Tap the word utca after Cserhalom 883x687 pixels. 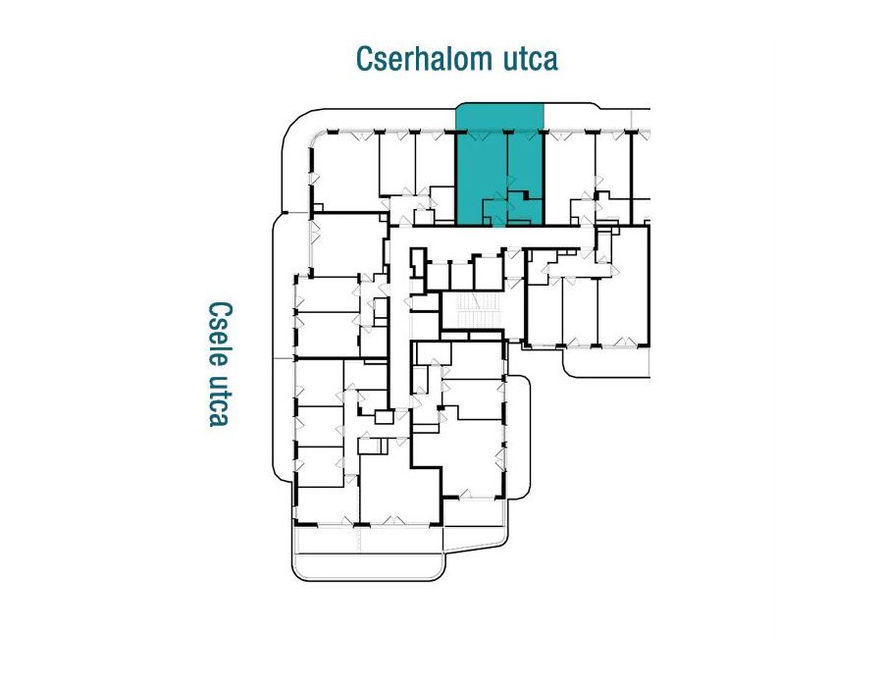[x=530, y=60]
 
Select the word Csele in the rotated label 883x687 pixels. [x=220, y=334]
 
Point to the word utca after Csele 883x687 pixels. [x=219, y=400]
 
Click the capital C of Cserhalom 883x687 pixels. [x=365, y=59]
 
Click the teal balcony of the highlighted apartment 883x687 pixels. [x=499, y=117]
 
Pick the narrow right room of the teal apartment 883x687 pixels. [x=525, y=162]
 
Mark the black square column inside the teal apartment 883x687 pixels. [x=526, y=195]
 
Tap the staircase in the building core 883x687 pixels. [x=471, y=310]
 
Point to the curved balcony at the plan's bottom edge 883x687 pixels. [x=369, y=565]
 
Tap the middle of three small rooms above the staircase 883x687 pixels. [x=462, y=276]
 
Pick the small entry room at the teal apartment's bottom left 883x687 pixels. [x=493, y=212]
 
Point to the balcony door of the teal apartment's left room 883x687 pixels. [x=479, y=135]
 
